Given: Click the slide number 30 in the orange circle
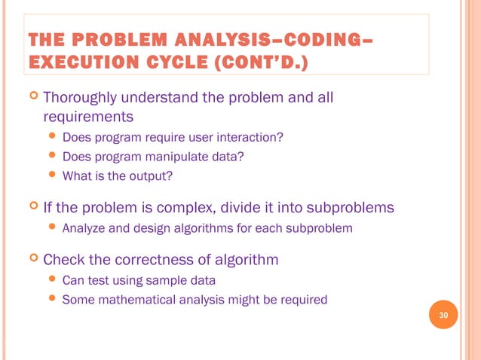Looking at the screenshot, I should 443,315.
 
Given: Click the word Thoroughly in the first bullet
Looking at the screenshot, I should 81,99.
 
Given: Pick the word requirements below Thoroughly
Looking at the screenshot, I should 88,117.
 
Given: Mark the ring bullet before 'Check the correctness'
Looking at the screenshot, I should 32,260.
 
